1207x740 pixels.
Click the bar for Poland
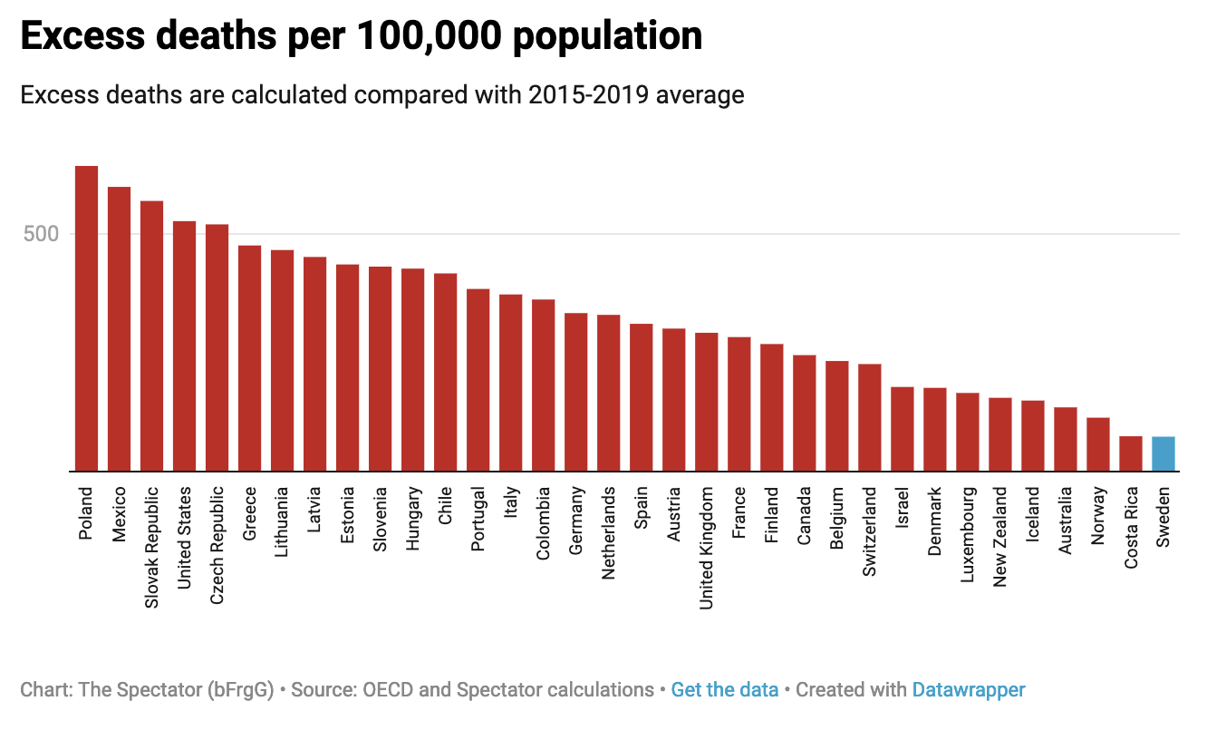pyautogui.click(x=87, y=318)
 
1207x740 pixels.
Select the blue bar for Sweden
pyautogui.click(x=1164, y=453)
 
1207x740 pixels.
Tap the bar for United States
pyautogui.click(x=185, y=346)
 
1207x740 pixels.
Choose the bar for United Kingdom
pyautogui.click(x=707, y=402)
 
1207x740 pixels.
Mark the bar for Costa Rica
pyautogui.click(x=1131, y=453)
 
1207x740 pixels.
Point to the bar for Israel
pyautogui.click(x=903, y=429)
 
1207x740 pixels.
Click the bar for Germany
pyautogui.click(x=576, y=392)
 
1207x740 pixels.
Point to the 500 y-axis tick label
pyautogui.click(x=41, y=234)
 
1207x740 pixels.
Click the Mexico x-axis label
pyautogui.click(x=120, y=514)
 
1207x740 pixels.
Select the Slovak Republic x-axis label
pyautogui.click(x=152, y=548)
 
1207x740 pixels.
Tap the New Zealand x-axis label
pyautogui.click(x=1000, y=537)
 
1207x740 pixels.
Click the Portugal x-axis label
pyautogui.click(x=478, y=519)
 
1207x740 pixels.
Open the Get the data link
pyautogui.click(x=724, y=689)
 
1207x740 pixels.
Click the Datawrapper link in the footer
pyautogui.click(x=968, y=689)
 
